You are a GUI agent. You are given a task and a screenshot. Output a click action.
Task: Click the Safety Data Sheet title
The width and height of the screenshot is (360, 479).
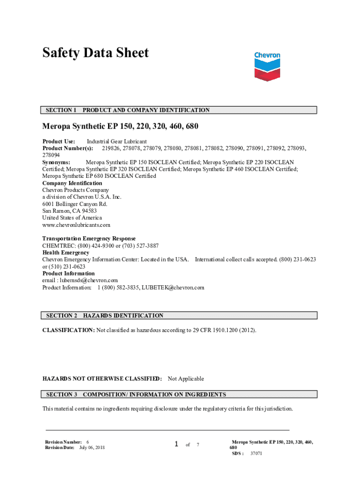tap(95, 53)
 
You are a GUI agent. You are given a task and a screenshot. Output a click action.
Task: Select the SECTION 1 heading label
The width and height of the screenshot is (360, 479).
tap(61, 110)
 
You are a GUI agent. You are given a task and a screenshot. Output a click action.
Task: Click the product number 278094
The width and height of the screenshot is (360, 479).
tap(51, 155)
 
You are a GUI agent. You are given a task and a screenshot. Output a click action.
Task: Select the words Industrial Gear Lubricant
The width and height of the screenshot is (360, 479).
tap(117, 141)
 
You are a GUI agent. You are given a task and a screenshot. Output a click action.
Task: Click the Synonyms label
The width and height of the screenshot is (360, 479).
tap(56, 162)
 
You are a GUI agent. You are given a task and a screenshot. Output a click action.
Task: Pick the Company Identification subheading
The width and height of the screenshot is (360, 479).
tap(72, 183)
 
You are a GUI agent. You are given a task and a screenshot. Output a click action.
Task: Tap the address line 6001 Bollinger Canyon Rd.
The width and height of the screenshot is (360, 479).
tap(75, 204)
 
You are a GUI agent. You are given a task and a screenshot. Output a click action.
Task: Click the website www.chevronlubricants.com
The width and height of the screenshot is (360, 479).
tap(76, 225)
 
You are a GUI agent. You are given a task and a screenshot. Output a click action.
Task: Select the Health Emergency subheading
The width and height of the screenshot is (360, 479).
tap(66, 253)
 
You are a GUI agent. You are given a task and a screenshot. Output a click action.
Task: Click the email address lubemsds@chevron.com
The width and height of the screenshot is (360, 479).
tap(91, 280)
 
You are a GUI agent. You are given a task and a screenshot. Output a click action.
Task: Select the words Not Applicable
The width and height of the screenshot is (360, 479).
tap(186, 378)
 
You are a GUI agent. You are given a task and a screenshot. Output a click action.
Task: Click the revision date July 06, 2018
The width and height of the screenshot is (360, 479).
tap(92, 448)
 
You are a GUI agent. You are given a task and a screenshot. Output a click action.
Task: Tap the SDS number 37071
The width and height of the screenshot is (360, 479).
tap(256, 453)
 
